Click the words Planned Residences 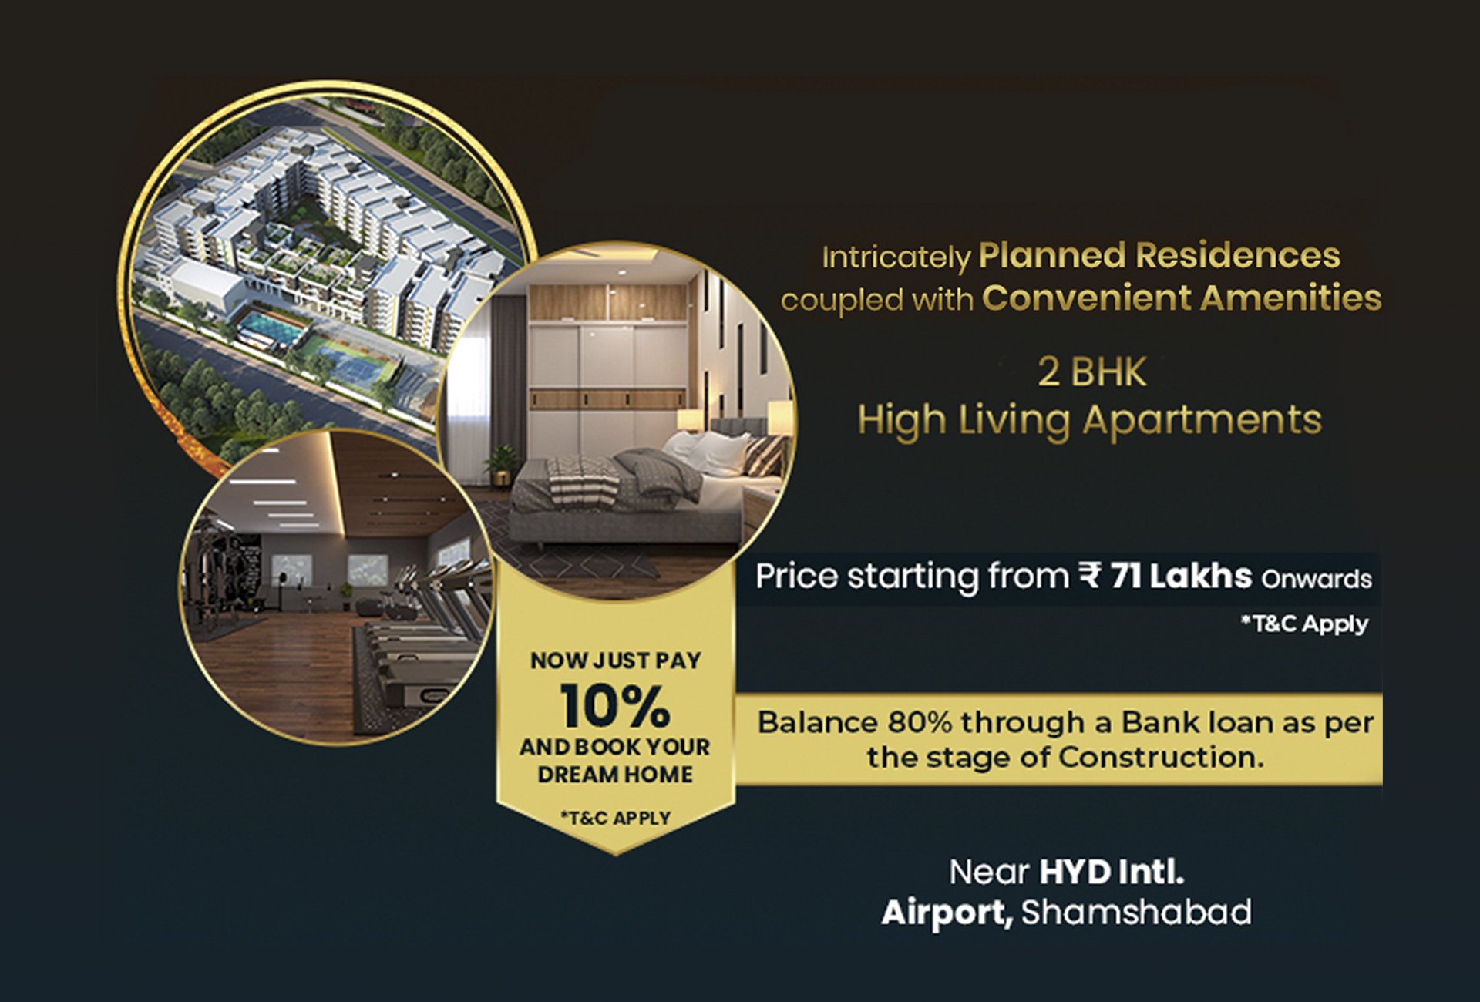(1159, 256)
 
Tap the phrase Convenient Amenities (1182, 298)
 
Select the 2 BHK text (1091, 372)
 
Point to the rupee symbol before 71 (1090, 576)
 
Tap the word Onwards (1317, 579)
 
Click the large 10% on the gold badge (614, 705)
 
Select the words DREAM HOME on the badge (615, 774)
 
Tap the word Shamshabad (1136, 913)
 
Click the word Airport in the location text (947, 913)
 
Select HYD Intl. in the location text (1112, 873)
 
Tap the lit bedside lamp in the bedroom (690, 420)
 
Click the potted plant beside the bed (502, 465)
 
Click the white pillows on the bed (713, 451)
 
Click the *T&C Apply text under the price (1304, 624)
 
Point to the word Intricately (896, 258)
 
